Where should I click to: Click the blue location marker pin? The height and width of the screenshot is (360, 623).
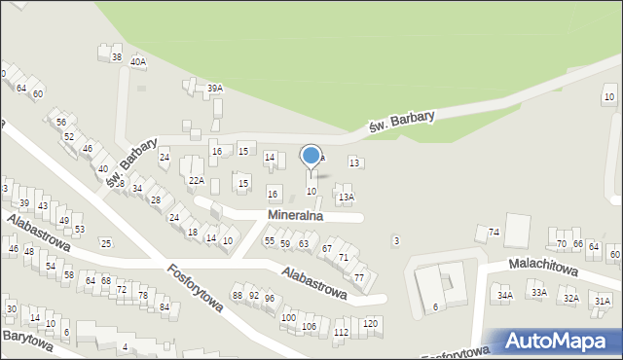click(311, 156)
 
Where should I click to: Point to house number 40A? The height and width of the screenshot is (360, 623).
click(138, 62)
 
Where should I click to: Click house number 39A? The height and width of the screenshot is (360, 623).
click(215, 89)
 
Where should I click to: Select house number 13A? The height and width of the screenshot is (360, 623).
click(346, 198)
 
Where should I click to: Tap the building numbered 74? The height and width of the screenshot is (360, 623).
click(494, 233)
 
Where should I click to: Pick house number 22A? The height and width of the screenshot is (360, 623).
click(197, 181)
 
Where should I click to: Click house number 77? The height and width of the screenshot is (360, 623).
click(359, 278)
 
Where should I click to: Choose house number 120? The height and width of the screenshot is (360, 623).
click(370, 323)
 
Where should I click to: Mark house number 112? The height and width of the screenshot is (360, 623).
click(341, 333)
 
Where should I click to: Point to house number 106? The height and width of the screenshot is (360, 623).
click(310, 326)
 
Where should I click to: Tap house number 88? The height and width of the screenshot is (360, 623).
click(238, 295)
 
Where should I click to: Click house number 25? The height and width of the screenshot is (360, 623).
click(105, 243)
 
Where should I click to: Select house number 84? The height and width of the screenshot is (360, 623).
click(165, 307)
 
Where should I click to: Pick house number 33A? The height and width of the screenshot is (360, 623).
click(538, 292)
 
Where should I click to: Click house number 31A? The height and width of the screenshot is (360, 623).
click(603, 302)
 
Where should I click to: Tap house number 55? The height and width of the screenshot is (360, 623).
click(270, 241)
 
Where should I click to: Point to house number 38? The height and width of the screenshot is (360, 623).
click(117, 58)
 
